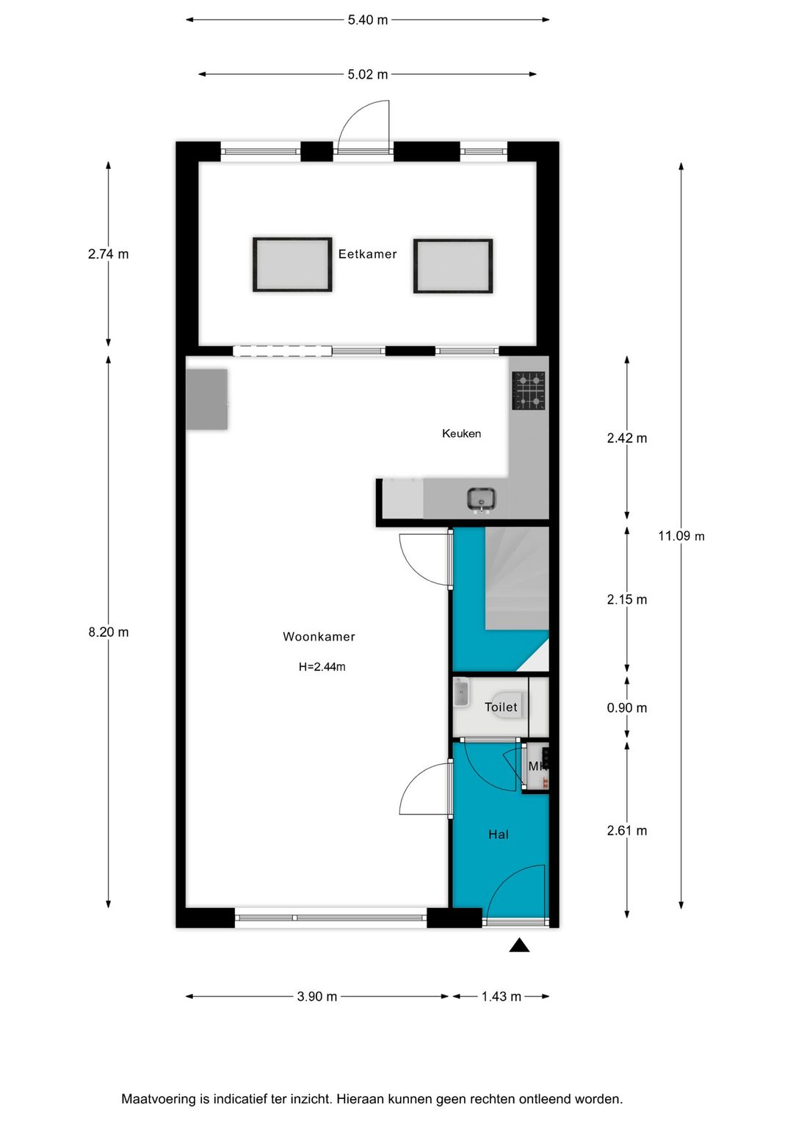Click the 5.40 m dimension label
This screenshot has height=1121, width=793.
[x=368, y=20]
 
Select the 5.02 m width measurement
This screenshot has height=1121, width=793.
[x=368, y=74]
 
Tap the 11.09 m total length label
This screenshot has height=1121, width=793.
[x=681, y=536]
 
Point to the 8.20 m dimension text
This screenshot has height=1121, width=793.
[x=109, y=632]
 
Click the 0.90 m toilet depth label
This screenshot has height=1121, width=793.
[x=626, y=708]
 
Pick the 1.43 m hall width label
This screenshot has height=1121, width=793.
[x=501, y=997]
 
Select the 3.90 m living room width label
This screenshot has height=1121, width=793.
[x=317, y=997]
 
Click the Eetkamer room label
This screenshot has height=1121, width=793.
[x=367, y=254]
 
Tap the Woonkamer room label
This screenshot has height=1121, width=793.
[x=319, y=637]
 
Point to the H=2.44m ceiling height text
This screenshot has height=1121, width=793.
[x=322, y=667]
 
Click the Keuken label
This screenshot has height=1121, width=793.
[x=461, y=433]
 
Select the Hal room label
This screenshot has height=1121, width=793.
[x=498, y=835]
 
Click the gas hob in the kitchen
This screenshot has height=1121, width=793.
[x=529, y=391]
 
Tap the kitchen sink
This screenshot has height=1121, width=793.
[x=482, y=500]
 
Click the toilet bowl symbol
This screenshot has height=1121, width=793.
[x=507, y=704]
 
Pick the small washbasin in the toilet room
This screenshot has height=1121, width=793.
[x=461, y=693]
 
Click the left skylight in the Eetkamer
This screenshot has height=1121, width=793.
[x=292, y=264]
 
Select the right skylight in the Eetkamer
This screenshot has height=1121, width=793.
[x=452, y=266]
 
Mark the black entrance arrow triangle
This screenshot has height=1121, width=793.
[x=519, y=945]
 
